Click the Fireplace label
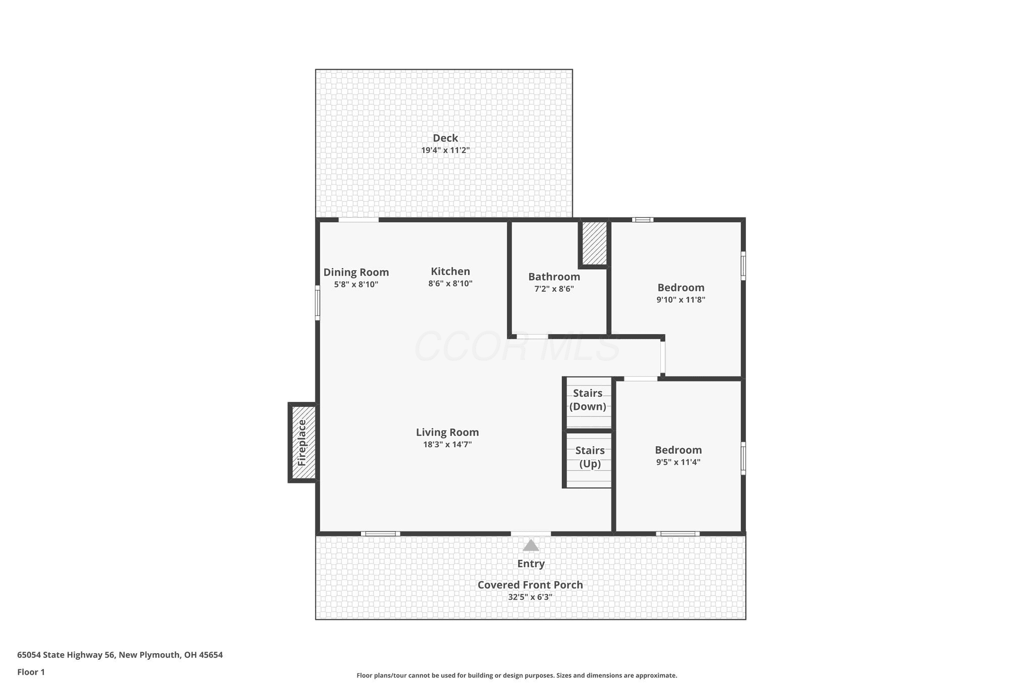coord(302,443)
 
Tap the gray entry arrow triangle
coord(531,545)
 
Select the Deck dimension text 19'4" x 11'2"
coord(445,150)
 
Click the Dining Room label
coord(356,272)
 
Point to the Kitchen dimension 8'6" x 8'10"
coord(450,283)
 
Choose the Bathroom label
coord(554,277)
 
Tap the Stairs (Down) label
coord(588,400)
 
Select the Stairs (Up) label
coord(590,457)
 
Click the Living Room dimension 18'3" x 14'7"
coord(447,444)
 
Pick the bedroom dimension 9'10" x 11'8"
coord(681,299)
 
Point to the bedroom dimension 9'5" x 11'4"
coord(678,462)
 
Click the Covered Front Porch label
coord(530,585)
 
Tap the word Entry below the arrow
coord(531,564)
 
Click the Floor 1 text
coord(31,672)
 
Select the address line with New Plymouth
coord(120,655)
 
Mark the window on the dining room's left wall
coord(318,303)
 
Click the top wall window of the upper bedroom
coord(643,220)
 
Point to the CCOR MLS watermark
coord(517,346)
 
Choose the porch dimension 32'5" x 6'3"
coord(530,597)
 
